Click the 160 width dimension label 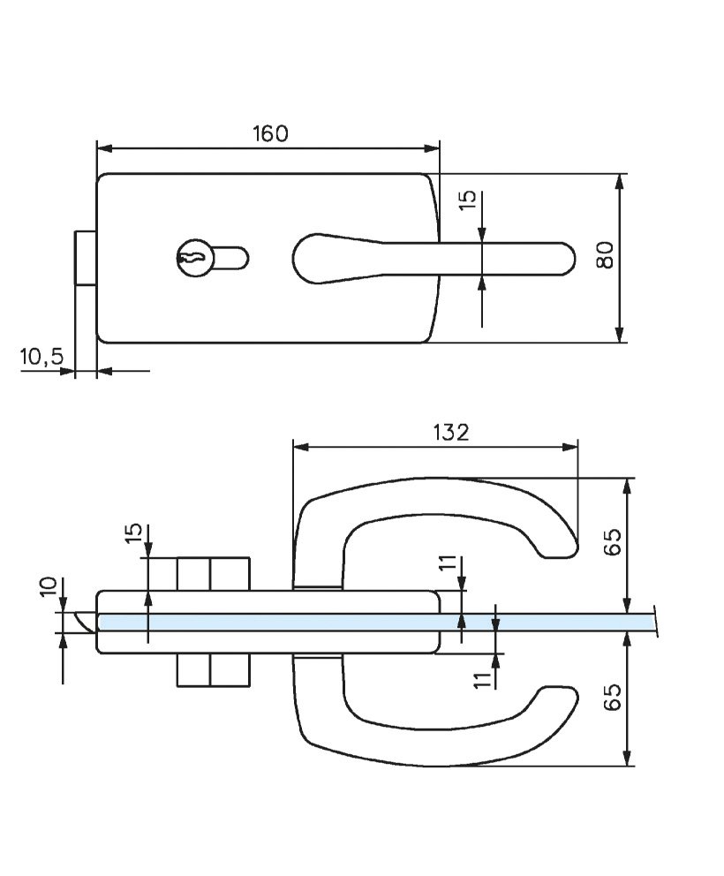[x=270, y=133]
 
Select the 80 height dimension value [x=605, y=256]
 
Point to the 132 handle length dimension [x=451, y=432]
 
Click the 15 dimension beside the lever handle [x=469, y=200]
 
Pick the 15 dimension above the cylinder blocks [x=133, y=533]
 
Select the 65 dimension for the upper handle [x=614, y=540]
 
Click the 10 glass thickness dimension [x=49, y=586]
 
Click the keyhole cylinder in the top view [x=194, y=258]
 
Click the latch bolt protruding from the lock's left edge [x=85, y=258]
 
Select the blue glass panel [x=371, y=623]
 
